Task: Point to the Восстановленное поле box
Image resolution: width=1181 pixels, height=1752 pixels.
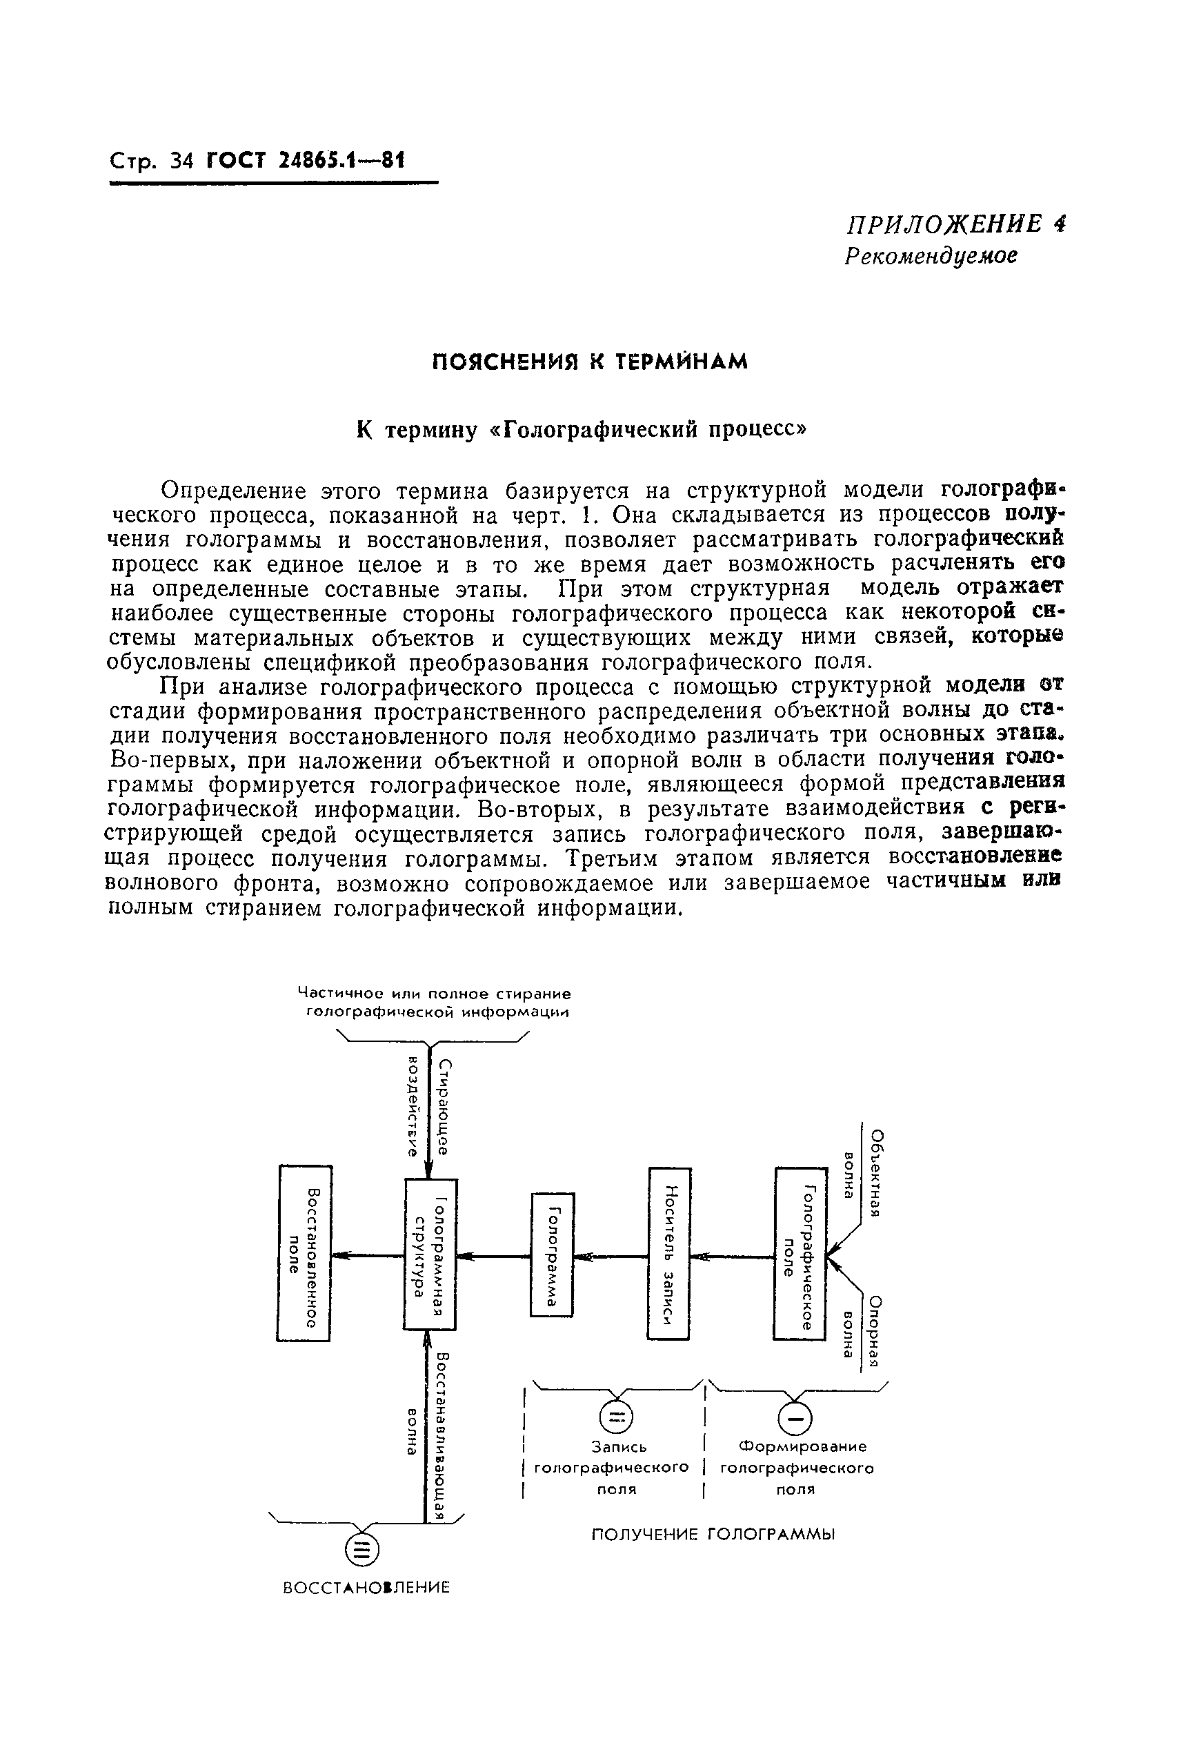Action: pyautogui.click(x=304, y=1252)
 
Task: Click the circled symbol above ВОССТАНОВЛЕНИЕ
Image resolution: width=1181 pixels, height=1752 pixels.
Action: pyautogui.click(x=361, y=1549)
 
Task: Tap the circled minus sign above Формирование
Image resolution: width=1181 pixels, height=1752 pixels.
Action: pyautogui.click(x=795, y=1419)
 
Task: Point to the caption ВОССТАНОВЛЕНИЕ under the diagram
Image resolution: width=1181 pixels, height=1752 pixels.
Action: pyautogui.click(x=366, y=1587)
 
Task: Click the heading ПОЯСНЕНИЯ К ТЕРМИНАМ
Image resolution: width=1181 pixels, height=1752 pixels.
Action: pyautogui.click(x=590, y=362)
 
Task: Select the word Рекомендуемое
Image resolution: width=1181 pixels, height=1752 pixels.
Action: pyautogui.click(x=930, y=256)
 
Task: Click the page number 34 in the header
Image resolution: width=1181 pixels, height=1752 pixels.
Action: pyautogui.click(x=182, y=161)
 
